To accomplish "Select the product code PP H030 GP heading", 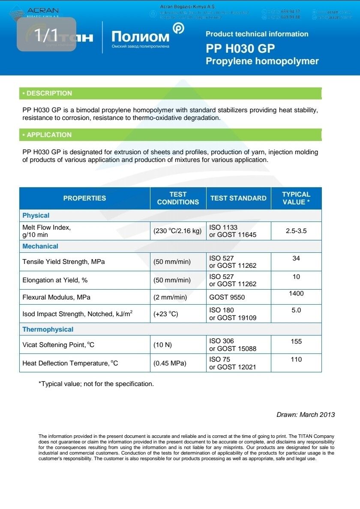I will (x=240, y=48).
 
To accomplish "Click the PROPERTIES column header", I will (x=84, y=198).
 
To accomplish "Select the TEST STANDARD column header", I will (x=238, y=198).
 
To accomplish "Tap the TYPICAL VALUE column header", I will (x=296, y=198).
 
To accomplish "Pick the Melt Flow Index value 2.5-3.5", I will (x=296, y=231).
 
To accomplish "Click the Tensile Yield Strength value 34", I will (x=296, y=258).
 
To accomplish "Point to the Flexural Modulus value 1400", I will (x=296, y=293).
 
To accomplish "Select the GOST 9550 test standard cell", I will (x=227, y=297).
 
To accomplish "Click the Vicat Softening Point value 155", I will (x=296, y=341).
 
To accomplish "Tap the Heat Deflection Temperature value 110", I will (x=296, y=359).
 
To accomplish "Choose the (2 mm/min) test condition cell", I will (x=170, y=297).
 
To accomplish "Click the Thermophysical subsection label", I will (x=48, y=329).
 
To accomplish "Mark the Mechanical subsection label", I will (x=40, y=246).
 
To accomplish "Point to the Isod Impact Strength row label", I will (x=77, y=314).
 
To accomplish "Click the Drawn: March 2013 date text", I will (x=306, y=414).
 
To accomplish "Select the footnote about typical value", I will (x=96, y=384).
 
